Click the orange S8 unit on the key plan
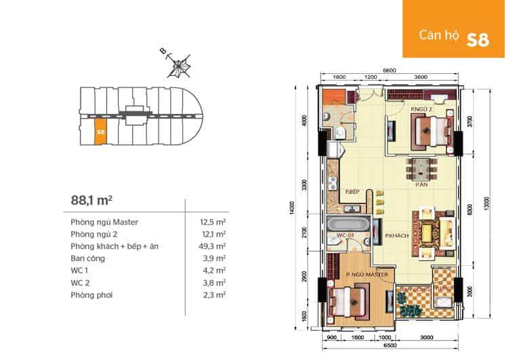pos(100,131)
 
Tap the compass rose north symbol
pos(180,68)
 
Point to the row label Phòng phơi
pos(89,296)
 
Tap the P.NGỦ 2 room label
pos(421,109)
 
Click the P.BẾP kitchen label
pos(351,192)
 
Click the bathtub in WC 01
pos(346,224)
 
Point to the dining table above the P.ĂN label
pos(421,167)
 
